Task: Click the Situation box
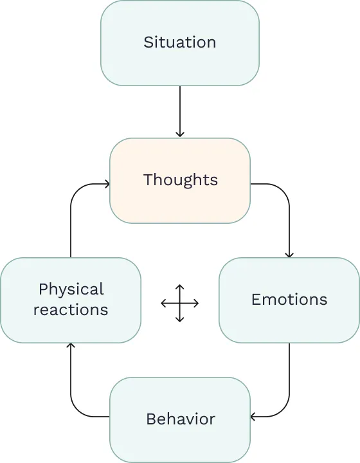(x=180, y=43)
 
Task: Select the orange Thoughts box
(x=180, y=180)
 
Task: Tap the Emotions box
(x=289, y=300)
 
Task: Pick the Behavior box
(x=180, y=419)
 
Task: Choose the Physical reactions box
(x=71, y=300)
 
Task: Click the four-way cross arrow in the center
(x=180, y=303)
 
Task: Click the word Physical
(x=71, y=289)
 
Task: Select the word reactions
(x=71, y=310)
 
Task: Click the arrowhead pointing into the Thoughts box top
(x=180, y=134)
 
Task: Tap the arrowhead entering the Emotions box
(x=289, y=254)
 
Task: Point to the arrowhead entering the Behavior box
(x=254, y=417)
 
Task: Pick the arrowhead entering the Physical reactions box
(x=71, y=347)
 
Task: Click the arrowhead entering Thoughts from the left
(x=106, y=185)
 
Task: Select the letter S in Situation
(x=148, y=43)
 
